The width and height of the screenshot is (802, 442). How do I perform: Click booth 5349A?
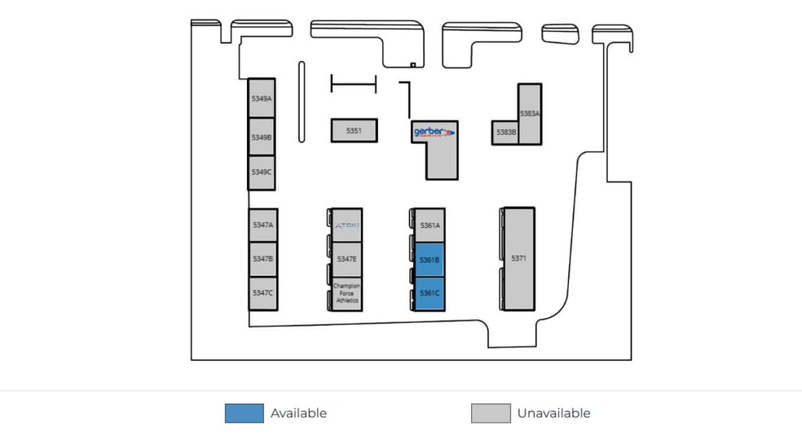[x=262, y=98]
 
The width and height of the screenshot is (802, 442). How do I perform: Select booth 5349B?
[x=262, y=137]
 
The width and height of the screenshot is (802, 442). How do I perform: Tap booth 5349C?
[x=262, y=173]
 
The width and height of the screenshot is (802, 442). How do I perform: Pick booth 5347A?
[x=262, y=225]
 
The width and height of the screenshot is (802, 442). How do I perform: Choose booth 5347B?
[x=262, y=259]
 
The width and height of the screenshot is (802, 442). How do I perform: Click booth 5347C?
[x=262, y=293]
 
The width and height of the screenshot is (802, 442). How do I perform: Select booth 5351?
[x=354, y=130]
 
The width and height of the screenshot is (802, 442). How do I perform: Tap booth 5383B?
[x=505, y=133]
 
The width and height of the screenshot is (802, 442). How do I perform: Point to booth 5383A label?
[x=530, y=114]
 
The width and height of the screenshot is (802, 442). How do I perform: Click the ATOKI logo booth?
[x=347, y=225]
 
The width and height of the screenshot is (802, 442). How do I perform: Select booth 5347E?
[x=347, y=259]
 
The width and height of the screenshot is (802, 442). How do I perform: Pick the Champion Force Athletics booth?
[x=347, y=293]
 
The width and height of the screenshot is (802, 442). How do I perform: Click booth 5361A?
[x=430, y=225]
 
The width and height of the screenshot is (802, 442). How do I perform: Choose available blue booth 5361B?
[x=430, y=260]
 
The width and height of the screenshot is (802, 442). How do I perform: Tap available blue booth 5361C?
[x=430, y=293]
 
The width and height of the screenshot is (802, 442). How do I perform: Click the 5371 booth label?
[x=518, y=258]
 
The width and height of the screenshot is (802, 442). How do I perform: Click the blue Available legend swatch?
[x=245, y=414]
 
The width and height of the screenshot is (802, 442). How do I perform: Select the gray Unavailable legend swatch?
[x=491, y=414]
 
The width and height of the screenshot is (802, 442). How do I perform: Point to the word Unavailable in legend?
[x=553, y=414]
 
